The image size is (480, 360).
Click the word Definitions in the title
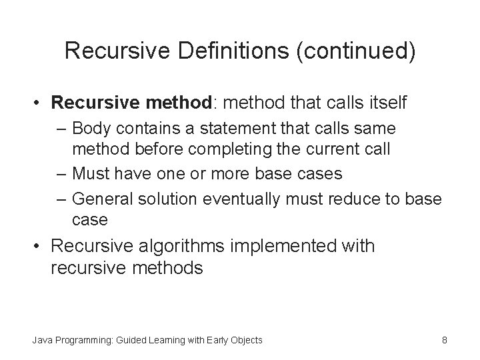(217, 51)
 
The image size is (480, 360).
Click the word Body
(91, 127)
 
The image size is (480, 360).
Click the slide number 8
(444, 341)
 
